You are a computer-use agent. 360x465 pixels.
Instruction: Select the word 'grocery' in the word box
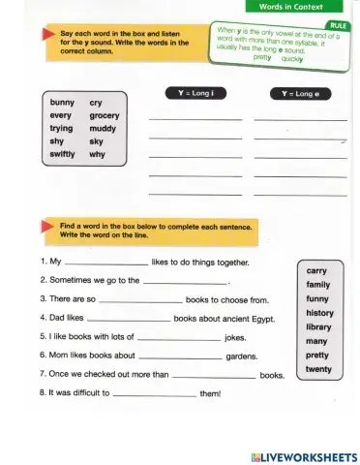coord(104,115)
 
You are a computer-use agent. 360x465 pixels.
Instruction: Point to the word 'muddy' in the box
coord(103,128)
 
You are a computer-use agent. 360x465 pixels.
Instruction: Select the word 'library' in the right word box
coord(318,327)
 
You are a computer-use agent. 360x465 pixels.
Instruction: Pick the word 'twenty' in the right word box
coord(318,369)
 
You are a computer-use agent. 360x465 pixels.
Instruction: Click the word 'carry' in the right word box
coord(316,271)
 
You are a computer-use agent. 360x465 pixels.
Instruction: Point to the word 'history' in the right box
coord(319,313)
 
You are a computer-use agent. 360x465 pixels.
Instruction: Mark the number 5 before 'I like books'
coord(43,336)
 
